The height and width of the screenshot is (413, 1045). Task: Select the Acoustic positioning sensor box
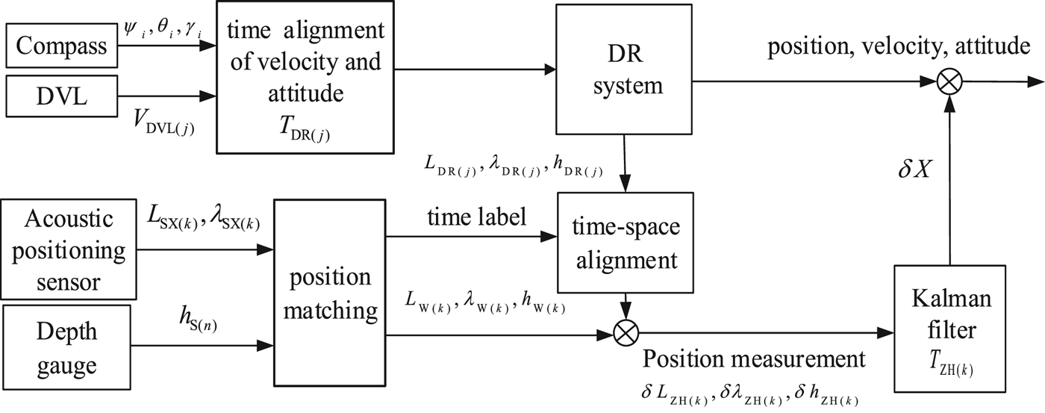[x=72, y=251]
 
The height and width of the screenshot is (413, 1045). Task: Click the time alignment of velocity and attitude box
[x=305, y=78]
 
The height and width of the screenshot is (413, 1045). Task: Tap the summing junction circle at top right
[x=949, y=81]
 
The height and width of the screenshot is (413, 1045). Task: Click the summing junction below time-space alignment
[x=625, y=331]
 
